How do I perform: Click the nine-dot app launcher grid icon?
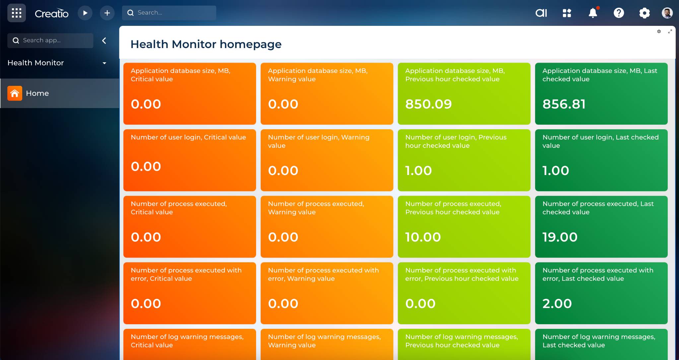[17, 13]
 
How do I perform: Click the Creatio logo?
[52, 13]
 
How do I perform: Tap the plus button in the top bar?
[107, 13]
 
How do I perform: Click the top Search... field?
[169, 13]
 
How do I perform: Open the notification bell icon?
[593, 13]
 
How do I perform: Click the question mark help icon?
[619, 13]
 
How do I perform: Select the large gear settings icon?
[645, 13]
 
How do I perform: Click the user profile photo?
[667, 13]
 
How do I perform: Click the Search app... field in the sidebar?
[50, 40]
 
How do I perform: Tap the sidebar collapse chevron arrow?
[104, 40]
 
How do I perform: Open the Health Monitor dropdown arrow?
[104, 63]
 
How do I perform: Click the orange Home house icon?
[15, 93]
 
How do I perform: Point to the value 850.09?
[429, 104]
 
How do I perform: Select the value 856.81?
[564, 104]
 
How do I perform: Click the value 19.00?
[560, 237]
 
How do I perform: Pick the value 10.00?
[423, 237]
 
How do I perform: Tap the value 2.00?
[557, 304]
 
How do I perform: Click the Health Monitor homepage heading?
[206, 44]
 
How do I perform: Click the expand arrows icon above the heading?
[670, 31]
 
